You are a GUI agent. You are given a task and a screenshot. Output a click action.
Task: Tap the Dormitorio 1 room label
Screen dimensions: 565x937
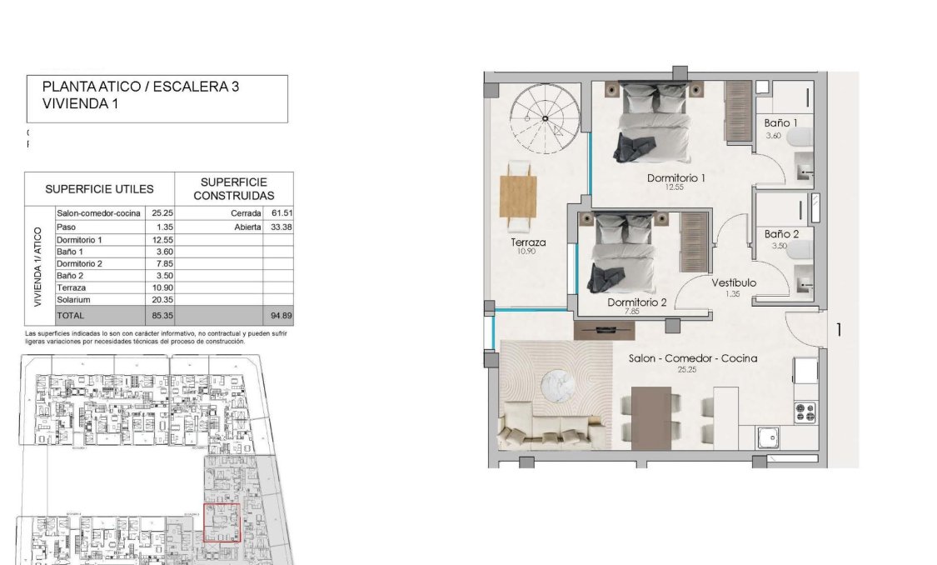pos(676,178)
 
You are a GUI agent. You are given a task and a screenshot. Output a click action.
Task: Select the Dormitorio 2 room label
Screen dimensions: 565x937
pos(637,303)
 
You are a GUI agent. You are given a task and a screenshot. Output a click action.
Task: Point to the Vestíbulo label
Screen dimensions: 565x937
pos(734,283)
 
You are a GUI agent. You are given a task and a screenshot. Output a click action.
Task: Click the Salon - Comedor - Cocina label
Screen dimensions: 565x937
pos(692,358)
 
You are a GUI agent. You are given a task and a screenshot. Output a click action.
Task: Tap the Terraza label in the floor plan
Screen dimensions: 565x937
pos(529,242)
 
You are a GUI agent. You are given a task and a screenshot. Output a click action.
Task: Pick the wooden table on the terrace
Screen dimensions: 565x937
pos(518,196)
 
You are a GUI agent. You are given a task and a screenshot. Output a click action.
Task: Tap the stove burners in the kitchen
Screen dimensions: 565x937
pos(805,410)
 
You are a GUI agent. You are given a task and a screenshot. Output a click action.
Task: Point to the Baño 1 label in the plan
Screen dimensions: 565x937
pos(781,123)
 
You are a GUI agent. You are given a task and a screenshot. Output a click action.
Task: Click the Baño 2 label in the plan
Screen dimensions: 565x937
pos(781,234)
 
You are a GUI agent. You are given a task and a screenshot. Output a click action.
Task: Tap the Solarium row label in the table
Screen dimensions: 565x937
pos(73,299)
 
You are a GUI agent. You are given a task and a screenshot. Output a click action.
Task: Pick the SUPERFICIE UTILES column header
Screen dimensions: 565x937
pos(99,189)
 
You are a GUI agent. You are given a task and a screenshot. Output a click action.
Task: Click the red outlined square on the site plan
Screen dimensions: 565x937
pos(222,522)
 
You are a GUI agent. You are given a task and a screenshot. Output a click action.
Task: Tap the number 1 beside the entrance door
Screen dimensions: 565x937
pos(839,330)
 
